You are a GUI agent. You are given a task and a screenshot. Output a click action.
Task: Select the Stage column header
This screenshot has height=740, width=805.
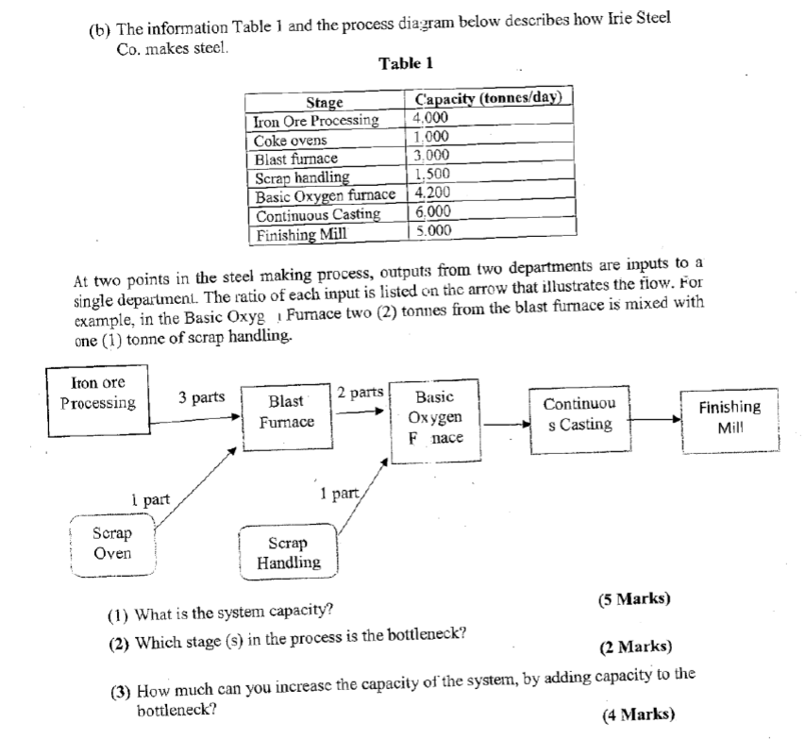click(325, 102)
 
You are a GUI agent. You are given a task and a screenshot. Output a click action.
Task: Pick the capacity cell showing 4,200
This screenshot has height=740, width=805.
click(434, 194)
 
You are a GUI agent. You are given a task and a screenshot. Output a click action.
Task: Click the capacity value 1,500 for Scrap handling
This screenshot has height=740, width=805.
click(433, 176)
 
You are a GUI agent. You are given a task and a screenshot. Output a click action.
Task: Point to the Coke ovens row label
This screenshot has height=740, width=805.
click(291, 140)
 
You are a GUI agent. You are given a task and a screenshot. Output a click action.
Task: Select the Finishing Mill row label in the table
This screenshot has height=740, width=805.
click(301, 232)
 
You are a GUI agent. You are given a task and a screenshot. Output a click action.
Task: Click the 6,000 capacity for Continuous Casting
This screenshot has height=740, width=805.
click(434, 213)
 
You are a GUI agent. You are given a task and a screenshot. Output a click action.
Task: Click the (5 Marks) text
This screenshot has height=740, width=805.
click(634, 598)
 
